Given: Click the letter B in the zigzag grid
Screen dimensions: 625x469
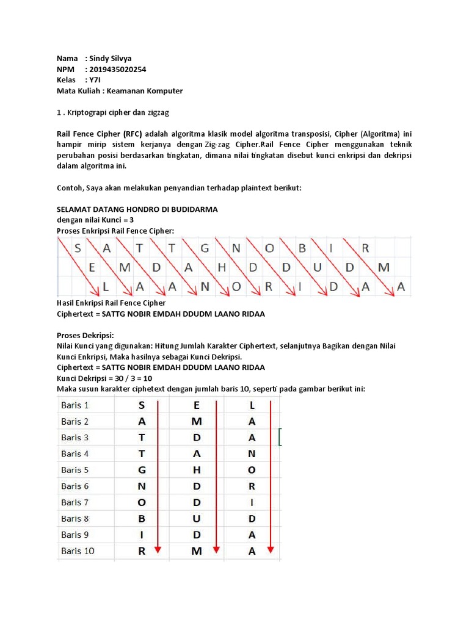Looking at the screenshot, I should (x=301, y=248).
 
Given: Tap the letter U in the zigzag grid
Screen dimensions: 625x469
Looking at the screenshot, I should (x=318, y=267).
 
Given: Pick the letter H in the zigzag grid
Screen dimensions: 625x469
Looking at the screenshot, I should (x=222, y=267).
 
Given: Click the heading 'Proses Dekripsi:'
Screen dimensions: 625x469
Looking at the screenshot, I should (x=85, y=335).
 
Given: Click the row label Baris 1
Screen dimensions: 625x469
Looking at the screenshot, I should (x=75, y=405).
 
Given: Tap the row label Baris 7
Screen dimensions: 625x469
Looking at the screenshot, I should (x=75, y=502).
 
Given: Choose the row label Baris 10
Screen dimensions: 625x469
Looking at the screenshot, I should (x=78, y=551).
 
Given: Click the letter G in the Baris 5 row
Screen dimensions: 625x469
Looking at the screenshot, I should (x=142, y=470).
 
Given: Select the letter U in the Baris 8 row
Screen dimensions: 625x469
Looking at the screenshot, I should (x=197, y=519).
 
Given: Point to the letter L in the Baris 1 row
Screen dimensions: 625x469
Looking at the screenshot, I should (x=252, y=405).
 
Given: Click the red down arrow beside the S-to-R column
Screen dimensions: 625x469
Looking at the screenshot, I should (x=158, y=476).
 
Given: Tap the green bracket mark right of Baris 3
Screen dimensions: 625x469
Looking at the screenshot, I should (x=280, y=437).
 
